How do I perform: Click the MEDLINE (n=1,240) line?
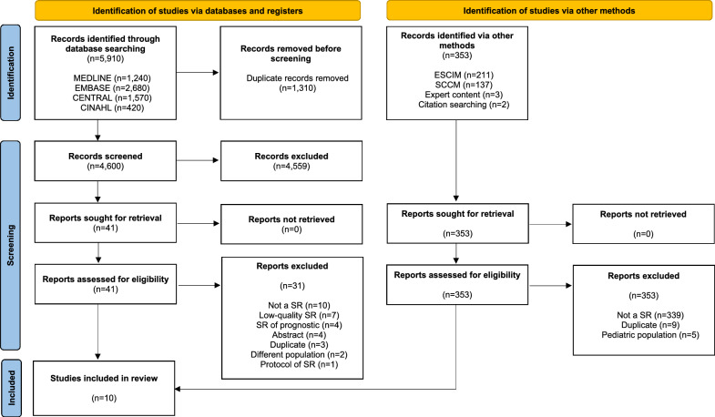pos(112,78)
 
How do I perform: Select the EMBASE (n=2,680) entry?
pos(112,88)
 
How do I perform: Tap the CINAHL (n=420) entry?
pos(112,108)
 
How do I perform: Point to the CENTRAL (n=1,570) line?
pos(112,98)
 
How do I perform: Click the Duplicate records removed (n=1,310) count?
pos(297,88)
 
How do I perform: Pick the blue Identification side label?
pos(11,73)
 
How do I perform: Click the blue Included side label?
pos(11,388)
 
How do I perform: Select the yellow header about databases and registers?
pos(198,11)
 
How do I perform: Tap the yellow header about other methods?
pos(549,11)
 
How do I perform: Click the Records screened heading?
pos(106,157)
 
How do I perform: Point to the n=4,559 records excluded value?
pos(291,167)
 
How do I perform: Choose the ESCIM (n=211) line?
pos(464,75)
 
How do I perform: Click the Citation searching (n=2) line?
pos(464,105)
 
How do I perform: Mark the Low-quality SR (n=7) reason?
pos(299,315)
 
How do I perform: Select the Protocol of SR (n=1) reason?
pos(299,364)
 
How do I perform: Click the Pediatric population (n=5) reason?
pos(650,335)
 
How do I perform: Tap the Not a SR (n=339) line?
pos(650,315)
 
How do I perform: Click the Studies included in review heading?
pos(104,378)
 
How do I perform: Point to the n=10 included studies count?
pos(104,398)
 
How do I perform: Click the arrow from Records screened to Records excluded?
pos(198,160)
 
